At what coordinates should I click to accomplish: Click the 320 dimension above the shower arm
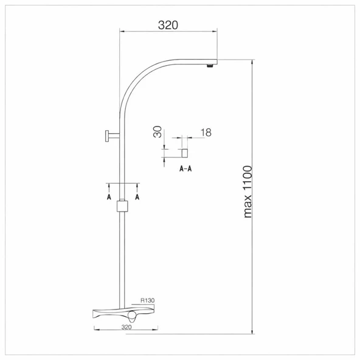pos(168,25)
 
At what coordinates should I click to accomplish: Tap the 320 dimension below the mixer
pos(126,327)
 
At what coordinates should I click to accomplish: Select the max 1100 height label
pos(247,192)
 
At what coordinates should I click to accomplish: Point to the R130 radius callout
pos(147,300)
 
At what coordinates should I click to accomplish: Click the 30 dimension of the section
pos(157,132)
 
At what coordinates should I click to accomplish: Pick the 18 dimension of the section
pos(206,133)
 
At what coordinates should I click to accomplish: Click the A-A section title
pos(185,169)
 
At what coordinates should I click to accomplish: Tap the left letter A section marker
pos(109,197)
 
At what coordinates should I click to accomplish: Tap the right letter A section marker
pos(137,197)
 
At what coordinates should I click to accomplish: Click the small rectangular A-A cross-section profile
pos(185,153)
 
